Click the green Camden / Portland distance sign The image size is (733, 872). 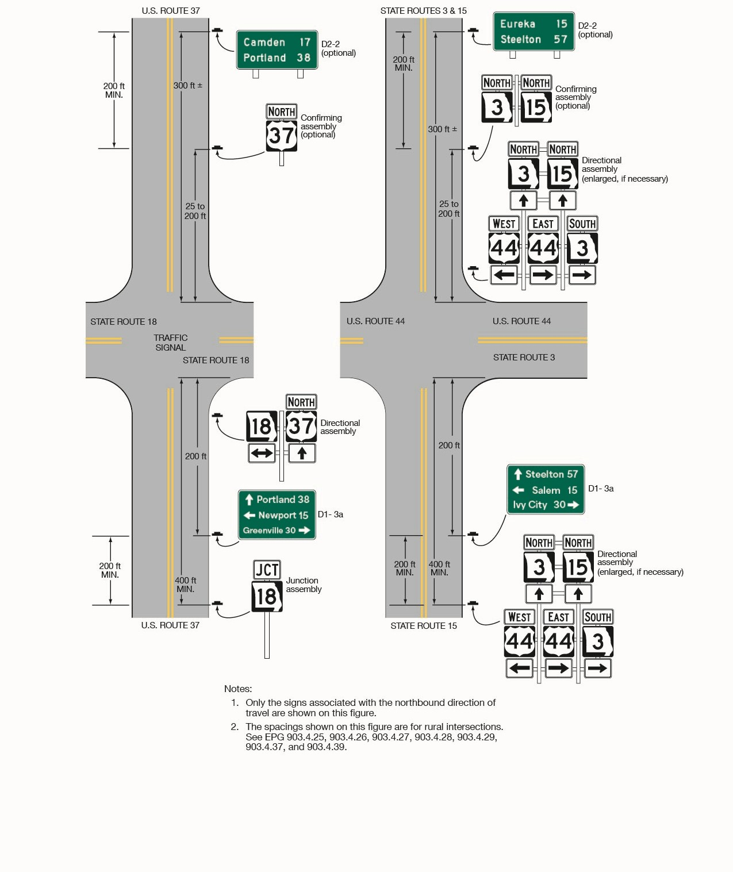tap(277, 50)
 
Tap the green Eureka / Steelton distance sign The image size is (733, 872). tap(534, 32)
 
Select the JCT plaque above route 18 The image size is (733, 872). tap(267, 570)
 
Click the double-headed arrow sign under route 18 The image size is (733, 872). tap(262, 453)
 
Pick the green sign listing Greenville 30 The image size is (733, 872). tap(277, 514)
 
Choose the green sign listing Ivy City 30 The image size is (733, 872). tap(545, 489)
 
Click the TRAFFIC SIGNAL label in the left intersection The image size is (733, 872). tap(171, 343)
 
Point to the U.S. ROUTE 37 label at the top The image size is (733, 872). tap(171, 10)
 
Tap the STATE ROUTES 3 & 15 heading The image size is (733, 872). tap(423, 10)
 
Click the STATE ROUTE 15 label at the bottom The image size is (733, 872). tap(424, 625)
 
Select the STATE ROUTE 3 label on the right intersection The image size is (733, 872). tap(524, 357)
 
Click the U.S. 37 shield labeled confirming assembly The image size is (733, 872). tap(282, 136)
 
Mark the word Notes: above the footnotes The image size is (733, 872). tap(238, 689)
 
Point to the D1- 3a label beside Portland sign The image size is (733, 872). tap(330, 514)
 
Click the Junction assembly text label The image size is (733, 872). tap(304, 585)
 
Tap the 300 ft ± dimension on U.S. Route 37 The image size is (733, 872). tap(188, 85)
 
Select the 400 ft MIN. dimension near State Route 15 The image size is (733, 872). tap(439, 568)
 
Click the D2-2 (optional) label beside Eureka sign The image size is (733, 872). tap(595, 30)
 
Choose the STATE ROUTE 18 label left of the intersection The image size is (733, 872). tap(123, 321)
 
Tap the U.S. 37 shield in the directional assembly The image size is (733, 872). tap(301, 426)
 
